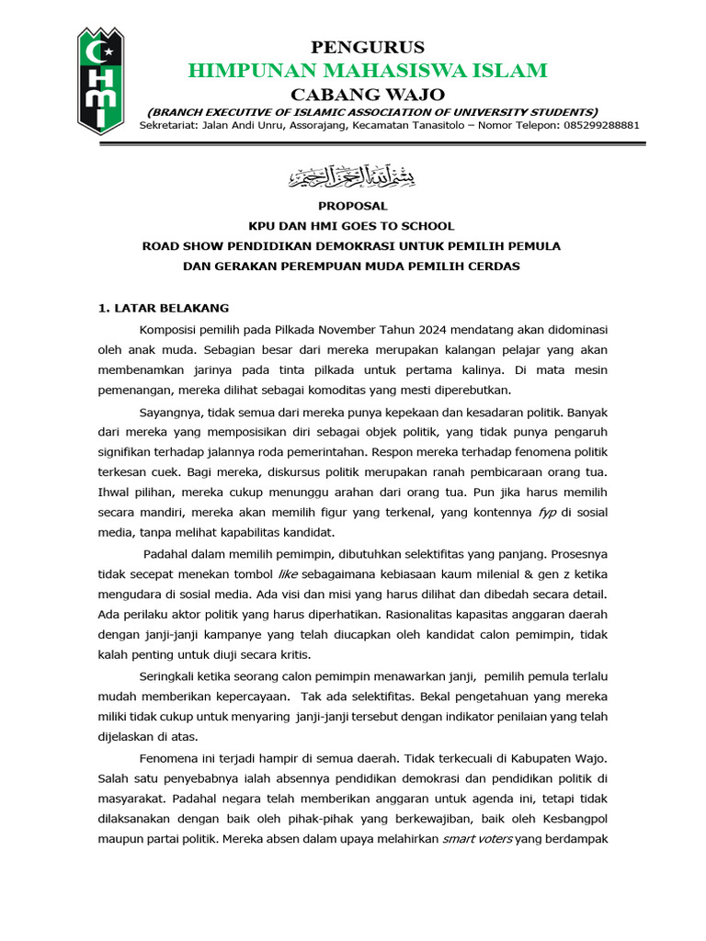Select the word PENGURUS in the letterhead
(368, 47)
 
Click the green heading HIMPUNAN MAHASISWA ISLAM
(368, 70)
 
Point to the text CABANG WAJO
(368, 94)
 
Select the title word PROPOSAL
(352, 206)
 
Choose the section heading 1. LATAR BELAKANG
(164, 307)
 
